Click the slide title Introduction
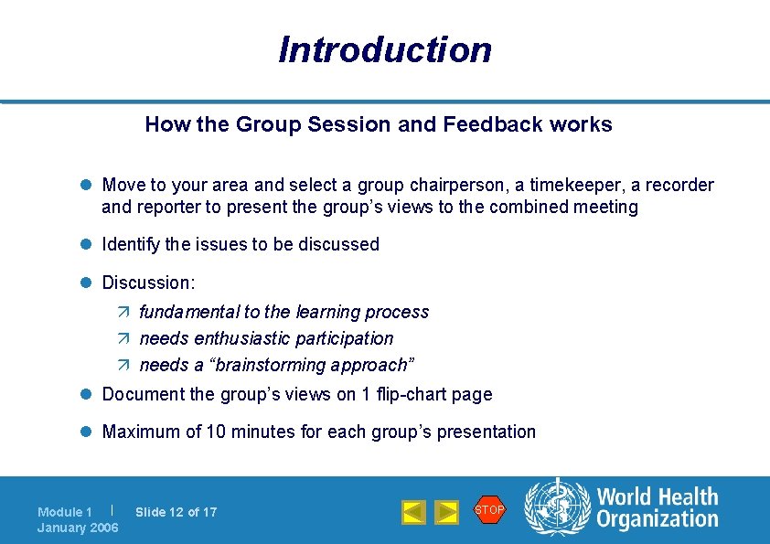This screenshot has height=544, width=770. tap(385, 49)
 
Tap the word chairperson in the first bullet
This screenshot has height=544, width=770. tap(392, 186)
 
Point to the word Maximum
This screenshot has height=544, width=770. tap(142, 432)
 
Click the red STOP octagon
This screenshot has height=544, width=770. tap(489, 509)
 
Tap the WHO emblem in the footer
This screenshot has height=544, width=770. tap(556, 507)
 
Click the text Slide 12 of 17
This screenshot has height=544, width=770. tap(176, 512)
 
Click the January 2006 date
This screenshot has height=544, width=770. tap(78, 528)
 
